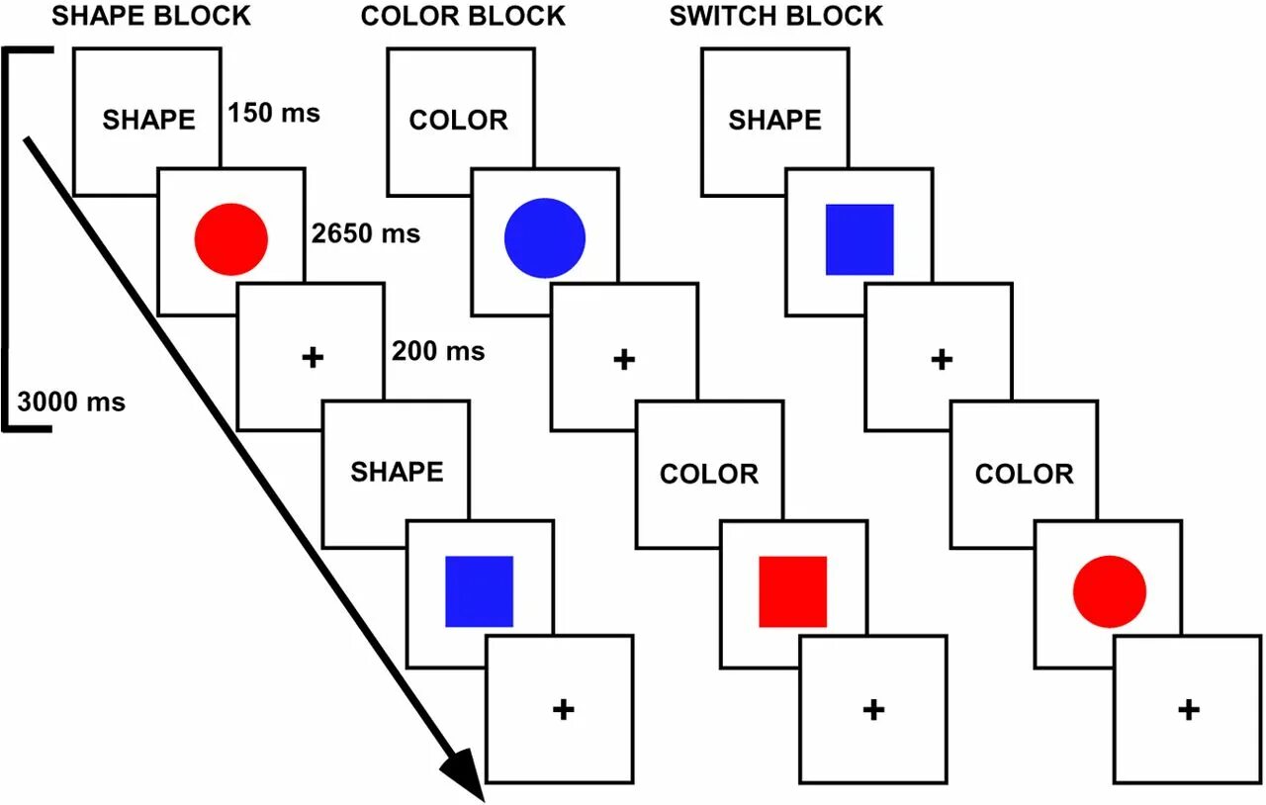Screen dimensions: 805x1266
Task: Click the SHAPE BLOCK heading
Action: (150, 17)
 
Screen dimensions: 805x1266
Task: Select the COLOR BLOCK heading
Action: (463, 17)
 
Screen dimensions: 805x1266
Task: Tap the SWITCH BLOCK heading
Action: (775, 17)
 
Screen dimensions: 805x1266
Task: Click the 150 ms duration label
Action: (274, 113)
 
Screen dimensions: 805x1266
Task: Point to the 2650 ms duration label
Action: (365, 234)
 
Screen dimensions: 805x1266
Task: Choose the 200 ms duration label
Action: (438, 351)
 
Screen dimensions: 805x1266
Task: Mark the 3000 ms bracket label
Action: (71, 402)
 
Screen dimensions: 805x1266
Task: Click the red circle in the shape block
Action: (231, 239)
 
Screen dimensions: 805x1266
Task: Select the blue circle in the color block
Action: (545, 237)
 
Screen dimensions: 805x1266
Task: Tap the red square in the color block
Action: (792, 590)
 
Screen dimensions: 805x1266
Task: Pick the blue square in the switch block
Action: (859, 239)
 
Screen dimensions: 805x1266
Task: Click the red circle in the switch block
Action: (1109, 590)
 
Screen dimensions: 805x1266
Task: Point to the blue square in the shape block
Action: (479, 590)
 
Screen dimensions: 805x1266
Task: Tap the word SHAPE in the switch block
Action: (774, 121)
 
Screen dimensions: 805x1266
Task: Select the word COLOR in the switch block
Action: (1024, 474)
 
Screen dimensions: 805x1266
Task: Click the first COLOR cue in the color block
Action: (458, 121)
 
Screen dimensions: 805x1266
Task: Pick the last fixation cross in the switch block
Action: (1189, 709)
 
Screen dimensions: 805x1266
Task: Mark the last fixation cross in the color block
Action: (872, 709)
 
